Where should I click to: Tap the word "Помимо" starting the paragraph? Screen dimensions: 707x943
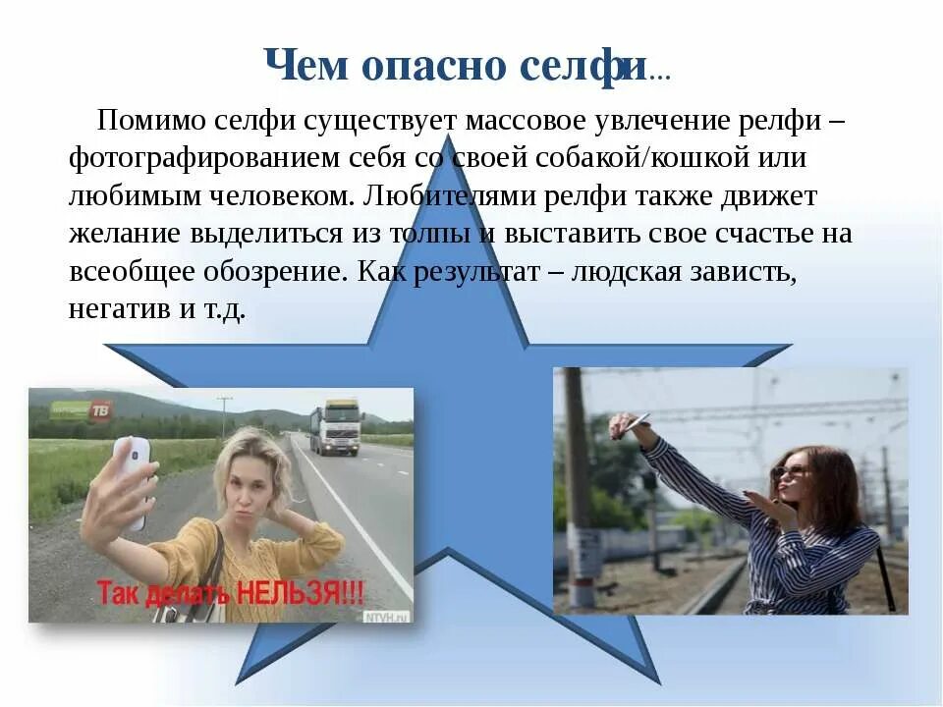tap(152, 122)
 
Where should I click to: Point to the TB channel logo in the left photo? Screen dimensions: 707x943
tap(100, 411)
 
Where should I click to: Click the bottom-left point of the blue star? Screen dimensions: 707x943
tap(239, 680)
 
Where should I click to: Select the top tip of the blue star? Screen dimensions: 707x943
tap(448, 137)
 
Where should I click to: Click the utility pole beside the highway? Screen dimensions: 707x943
tap(225, 417)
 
